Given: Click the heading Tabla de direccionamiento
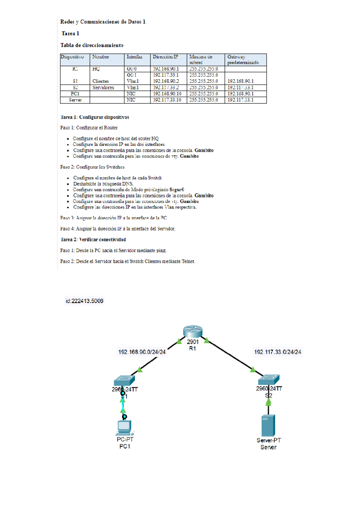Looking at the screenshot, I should (92, 45).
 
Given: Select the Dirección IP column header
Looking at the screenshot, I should (165, 57).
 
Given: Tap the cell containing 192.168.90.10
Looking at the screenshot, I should (167, 94).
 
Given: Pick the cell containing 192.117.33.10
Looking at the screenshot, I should (167, 100).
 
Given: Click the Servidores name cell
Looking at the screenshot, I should (103, 88).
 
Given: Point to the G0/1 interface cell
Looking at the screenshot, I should (132, 75).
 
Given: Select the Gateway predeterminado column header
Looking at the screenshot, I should (243, 59).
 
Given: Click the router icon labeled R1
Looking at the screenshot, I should (193, 331).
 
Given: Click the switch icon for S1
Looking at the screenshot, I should (124, 380).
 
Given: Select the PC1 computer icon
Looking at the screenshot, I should (124, 428).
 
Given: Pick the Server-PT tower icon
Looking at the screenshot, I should (268, 425).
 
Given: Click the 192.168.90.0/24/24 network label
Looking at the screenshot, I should (142, 352).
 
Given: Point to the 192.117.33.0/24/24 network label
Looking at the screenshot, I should (277, 352).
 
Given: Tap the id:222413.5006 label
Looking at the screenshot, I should (85, 301).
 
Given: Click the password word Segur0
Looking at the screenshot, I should (177, 190).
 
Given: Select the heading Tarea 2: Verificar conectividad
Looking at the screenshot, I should (93, 239).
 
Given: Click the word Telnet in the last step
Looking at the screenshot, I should (188, 261).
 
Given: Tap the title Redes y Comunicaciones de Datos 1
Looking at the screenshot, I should (103, 22).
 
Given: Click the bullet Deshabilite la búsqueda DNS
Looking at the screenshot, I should (103, 184).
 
